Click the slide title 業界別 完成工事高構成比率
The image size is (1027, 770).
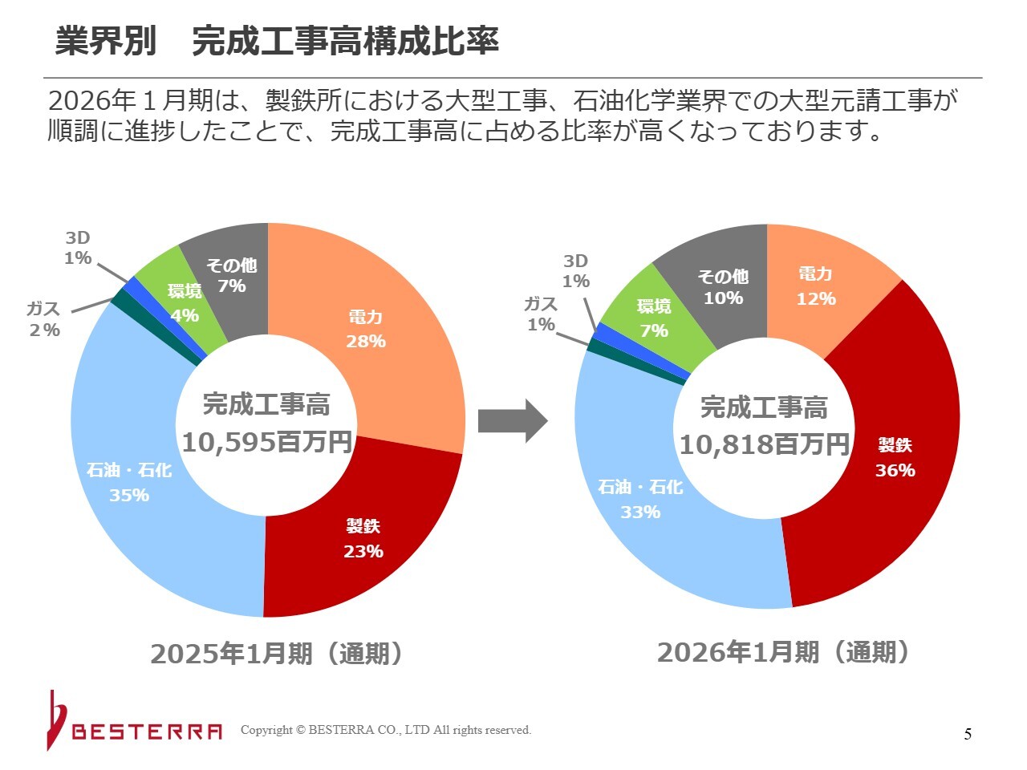[x=277, y=40]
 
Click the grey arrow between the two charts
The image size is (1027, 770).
[x=512, y=420]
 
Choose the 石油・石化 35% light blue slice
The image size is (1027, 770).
[x=128, y=481]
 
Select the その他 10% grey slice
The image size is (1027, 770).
[x=723, y=286]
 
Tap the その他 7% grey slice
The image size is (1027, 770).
[x=231, y=275]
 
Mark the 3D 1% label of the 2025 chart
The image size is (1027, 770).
[x=78, y=248]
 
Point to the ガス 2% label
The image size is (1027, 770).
[x=43, y=319]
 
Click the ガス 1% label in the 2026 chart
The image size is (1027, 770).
[x=541, y=314]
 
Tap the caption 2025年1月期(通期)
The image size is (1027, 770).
[x=277, y=654]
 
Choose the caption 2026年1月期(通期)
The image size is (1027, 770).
[x=784, y=652]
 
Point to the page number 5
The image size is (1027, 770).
[x=968, y=734]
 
